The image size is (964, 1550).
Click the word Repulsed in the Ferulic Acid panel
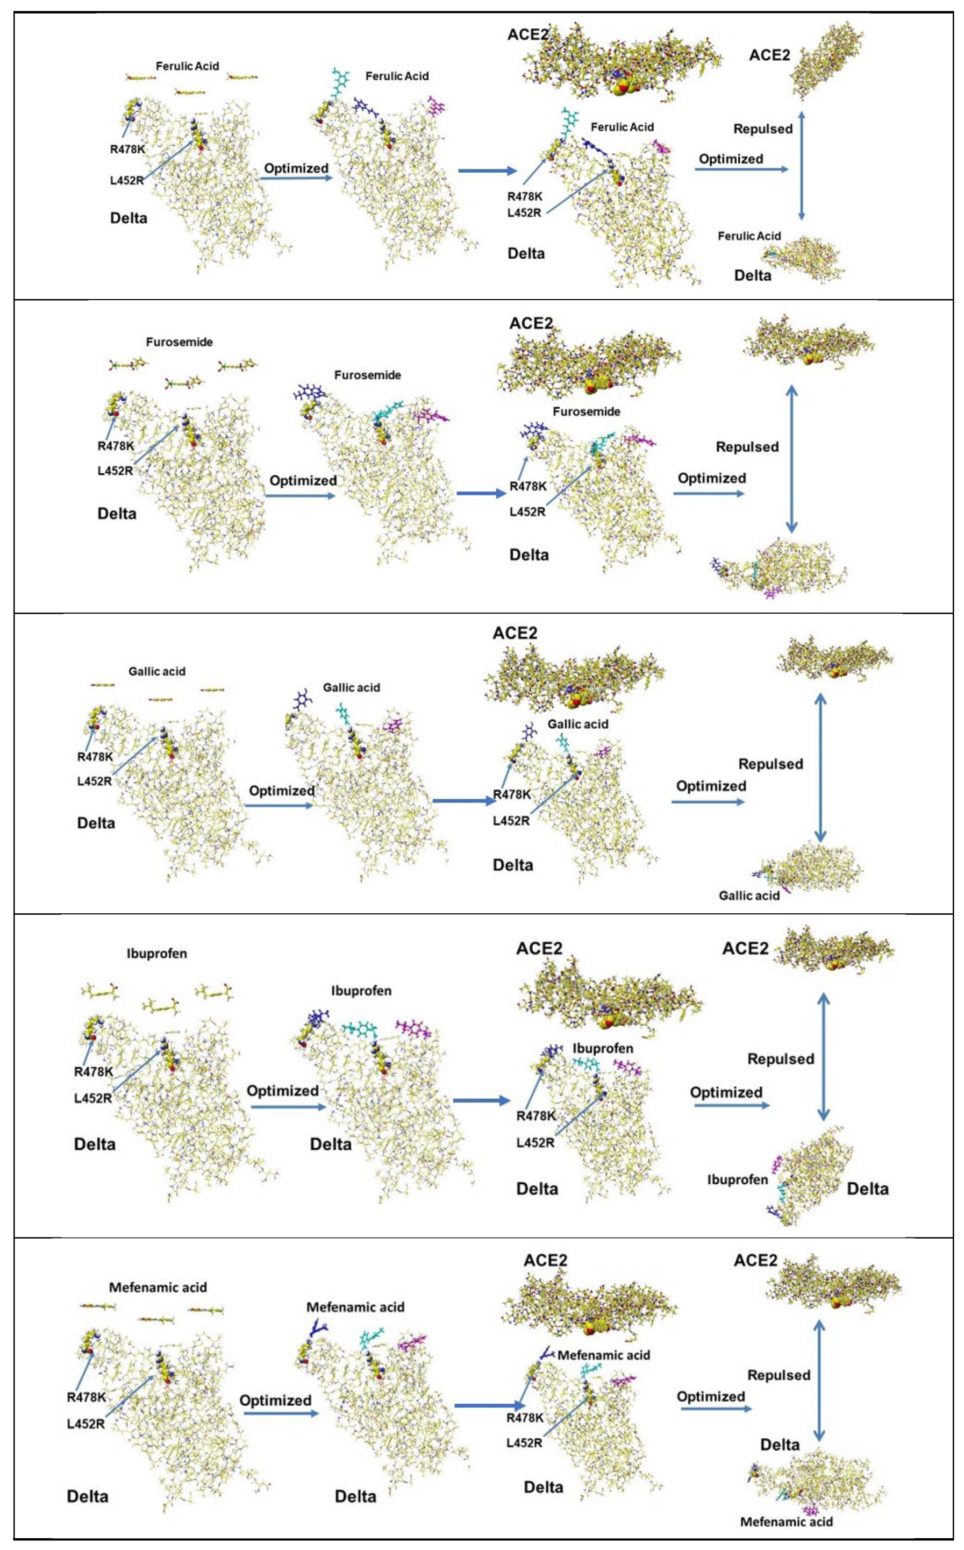pyautogui.click(x=762, y=129)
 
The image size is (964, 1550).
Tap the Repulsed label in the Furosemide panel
pyautogui.click(x=747, y=447)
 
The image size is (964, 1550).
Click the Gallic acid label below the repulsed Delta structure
pyautogui.click(x=748, y=895)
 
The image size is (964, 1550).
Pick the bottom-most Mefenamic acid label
pyautogui.click(x=786, y=1522)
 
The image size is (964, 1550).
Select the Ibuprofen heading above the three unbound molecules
pyautogui.click(x=156, y=954)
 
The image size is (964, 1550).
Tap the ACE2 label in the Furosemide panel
pyautogui.click(x=531, y=324)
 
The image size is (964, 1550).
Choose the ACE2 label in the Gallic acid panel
pyautogui.click(x=515, y=633)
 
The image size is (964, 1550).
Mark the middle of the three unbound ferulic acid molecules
pyautogui.click(x=190, y=93)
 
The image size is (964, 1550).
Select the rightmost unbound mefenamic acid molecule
pyautogui.click(x=205, y=1310)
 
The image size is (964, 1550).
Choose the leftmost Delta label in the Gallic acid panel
pyautogui.click(x=96, y=823)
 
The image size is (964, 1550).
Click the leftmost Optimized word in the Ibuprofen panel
pyautogui.click(x=282, y=1091)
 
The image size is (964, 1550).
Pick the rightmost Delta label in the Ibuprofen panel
pyautogui.click(x=867, y=1189)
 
